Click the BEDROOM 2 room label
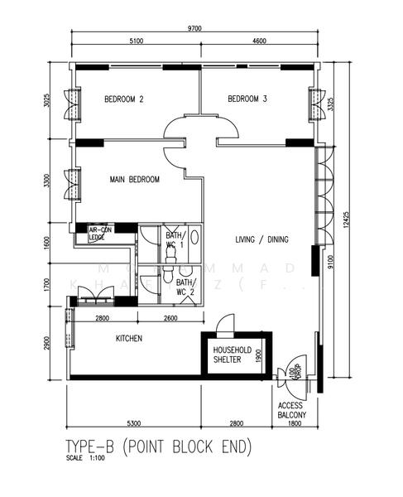point(124,99)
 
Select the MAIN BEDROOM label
point(134,179)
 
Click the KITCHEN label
point(129,338)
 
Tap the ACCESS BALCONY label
point(292,410)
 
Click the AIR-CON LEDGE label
point(100,234)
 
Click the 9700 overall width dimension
point(194,27)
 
